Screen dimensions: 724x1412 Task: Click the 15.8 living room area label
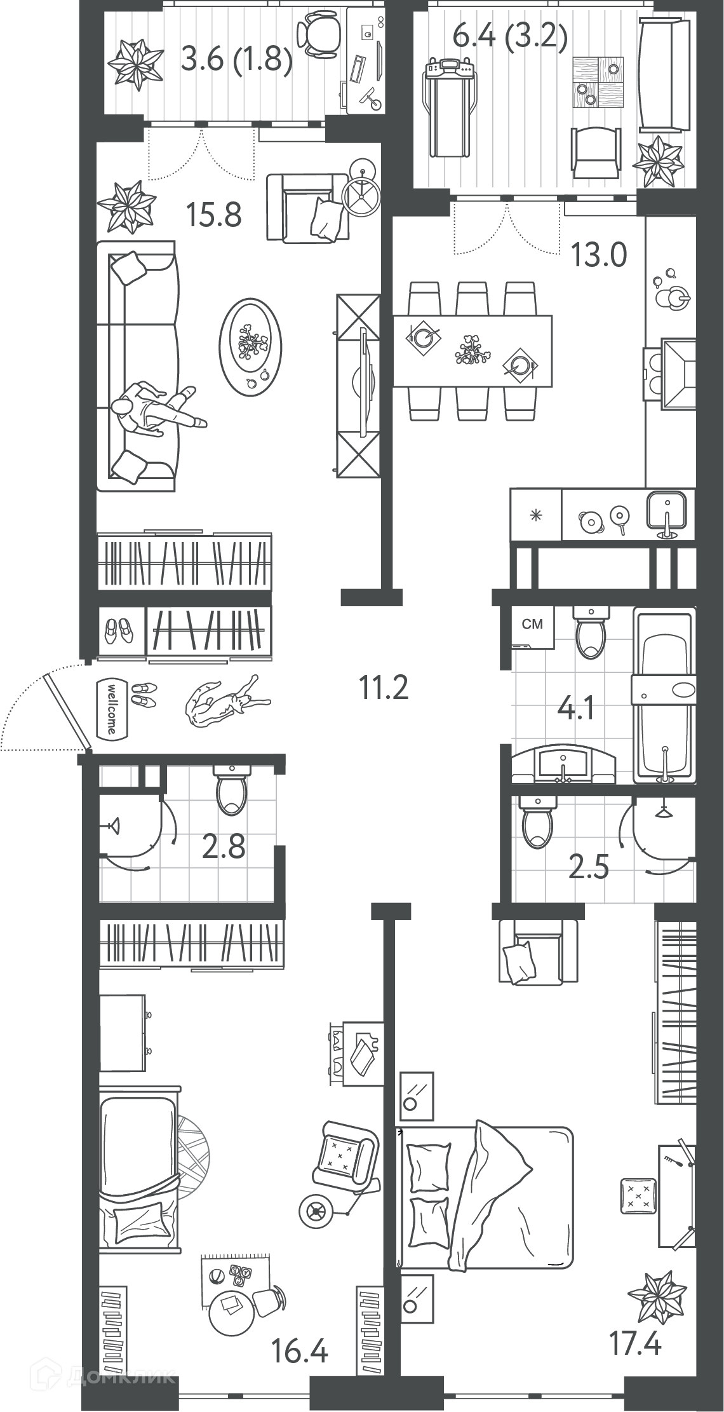(214, 214)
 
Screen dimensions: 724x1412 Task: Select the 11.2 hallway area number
(384, 687)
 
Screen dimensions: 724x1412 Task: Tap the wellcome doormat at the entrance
(109, 709)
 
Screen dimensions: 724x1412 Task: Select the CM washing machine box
(533, 627)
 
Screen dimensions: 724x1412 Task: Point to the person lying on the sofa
(157, 411)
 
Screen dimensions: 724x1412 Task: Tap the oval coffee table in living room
(250, 347)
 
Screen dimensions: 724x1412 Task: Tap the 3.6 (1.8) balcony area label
(236, 60)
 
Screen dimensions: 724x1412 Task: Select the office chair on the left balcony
(318, 36)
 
